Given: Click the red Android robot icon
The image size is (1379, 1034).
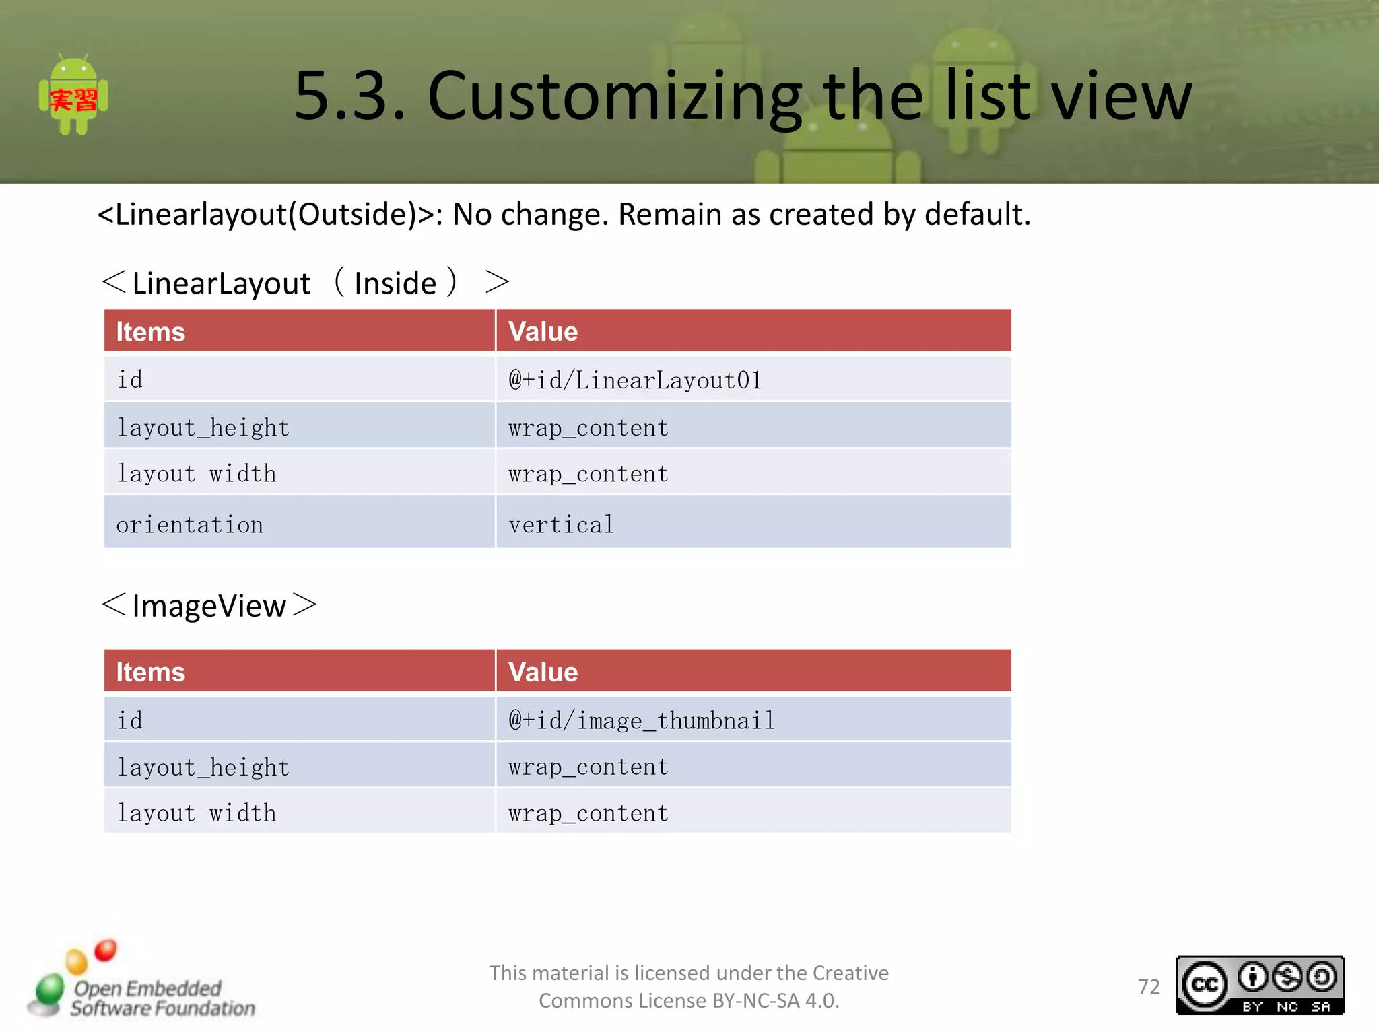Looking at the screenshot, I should [73, 96].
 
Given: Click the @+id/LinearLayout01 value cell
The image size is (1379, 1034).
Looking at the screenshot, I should [635, 380].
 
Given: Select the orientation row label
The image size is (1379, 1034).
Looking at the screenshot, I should [190, 524].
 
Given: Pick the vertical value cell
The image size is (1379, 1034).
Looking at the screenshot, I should [562, 524].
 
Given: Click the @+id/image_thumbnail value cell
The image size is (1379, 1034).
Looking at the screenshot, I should [642, 720].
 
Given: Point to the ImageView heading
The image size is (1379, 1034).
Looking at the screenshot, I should [209, 605].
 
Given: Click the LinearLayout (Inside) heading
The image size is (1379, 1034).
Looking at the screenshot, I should [305, 283].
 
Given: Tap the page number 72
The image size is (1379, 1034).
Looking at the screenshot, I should [1149, 987].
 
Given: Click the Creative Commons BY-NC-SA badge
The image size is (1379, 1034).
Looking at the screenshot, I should [1260, 986].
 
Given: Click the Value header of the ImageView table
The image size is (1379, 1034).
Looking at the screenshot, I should [543, 672].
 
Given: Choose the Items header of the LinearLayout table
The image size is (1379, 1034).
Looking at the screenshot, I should [150, 332].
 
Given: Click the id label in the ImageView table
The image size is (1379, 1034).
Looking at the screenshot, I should [130, 720].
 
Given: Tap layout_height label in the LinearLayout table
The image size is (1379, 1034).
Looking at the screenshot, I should [203, 427].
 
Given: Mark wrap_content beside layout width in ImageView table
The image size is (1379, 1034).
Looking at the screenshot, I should [588, 813].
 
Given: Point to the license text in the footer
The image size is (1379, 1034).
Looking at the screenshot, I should [689, 987].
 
